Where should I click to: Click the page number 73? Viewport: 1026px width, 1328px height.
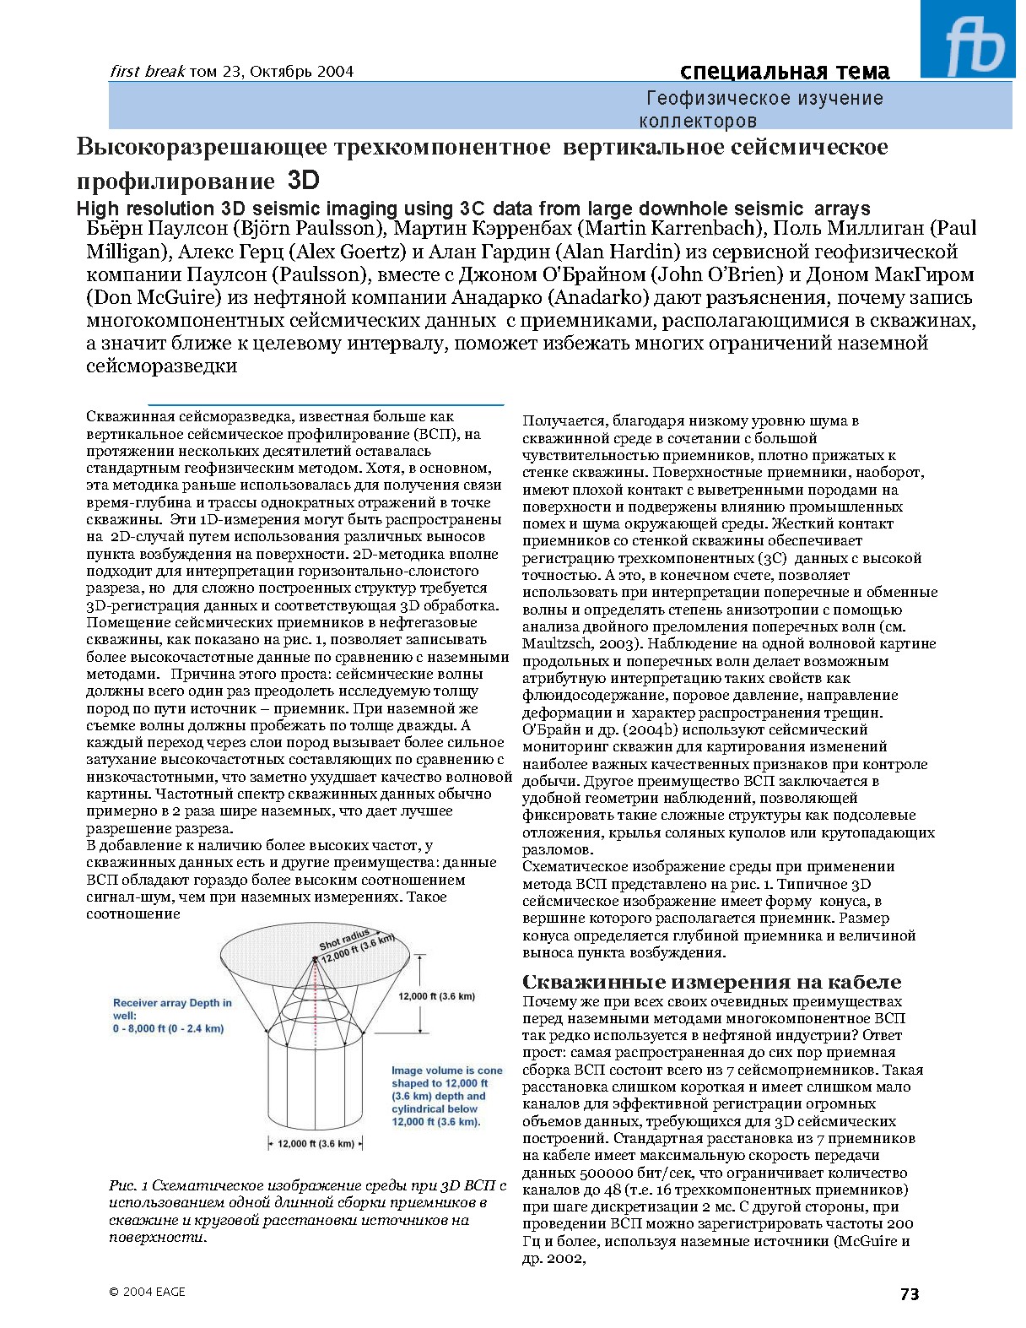click(909, 1294)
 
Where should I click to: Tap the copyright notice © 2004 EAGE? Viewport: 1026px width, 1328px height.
click(147, 1292)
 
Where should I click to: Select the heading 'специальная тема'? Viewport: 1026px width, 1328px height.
click(784, 71)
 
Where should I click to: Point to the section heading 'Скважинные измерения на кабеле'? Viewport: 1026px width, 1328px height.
click(711, 982)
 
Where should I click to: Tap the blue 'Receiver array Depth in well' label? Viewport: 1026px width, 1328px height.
click(172, 1016)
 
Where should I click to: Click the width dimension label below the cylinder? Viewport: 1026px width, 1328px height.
click(316, 1144)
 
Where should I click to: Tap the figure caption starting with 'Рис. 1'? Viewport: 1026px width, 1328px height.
click(307, 1211)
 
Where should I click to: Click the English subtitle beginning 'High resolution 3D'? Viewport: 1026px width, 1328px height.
click(472, 209)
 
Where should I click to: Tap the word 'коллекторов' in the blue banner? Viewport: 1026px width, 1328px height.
click(698, 121)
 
